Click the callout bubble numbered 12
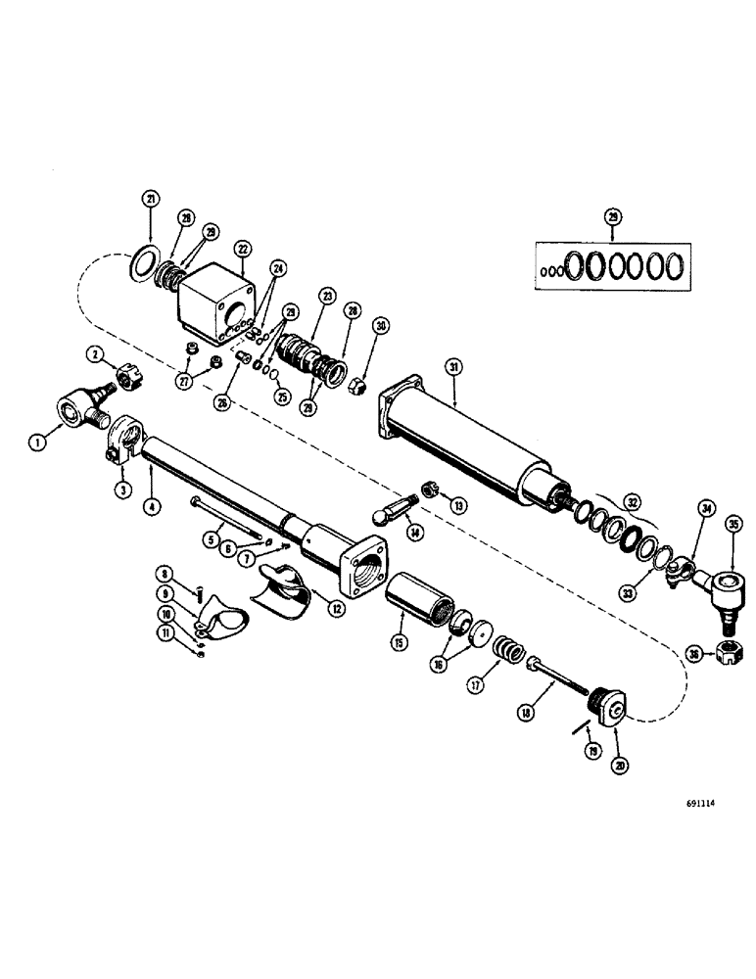[337, 607]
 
